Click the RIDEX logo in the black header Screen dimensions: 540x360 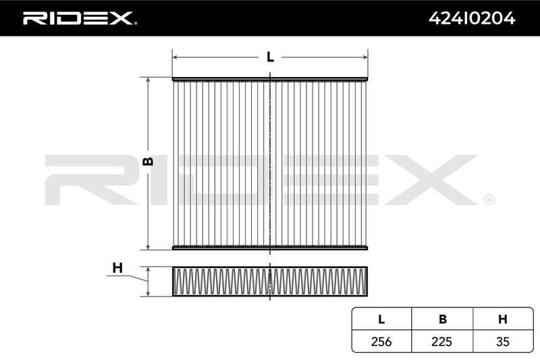point(80,18)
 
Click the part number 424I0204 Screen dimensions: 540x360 point(472,18)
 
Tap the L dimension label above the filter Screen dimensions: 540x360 point(271,57)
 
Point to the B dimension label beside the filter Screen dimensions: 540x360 point(148,161)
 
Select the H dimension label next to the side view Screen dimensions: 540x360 point(117,267)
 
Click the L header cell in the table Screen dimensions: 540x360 point(381,319)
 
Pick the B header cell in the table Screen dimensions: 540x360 point(443,319)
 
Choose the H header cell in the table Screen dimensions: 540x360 point(502,319)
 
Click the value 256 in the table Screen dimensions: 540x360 point(381,341)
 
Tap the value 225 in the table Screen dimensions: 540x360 point(442,341)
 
